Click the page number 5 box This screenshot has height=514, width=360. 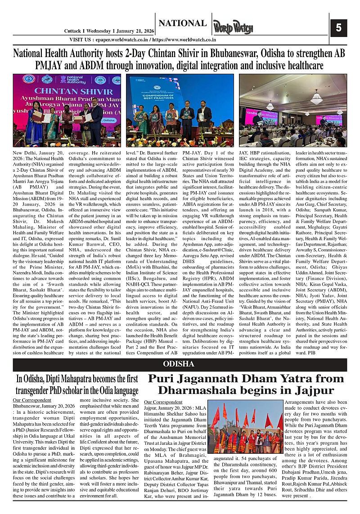click(x=338, y=28)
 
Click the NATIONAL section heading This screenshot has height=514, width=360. click(x=182, y=23)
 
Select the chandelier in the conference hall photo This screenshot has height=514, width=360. click(x=316, y=97)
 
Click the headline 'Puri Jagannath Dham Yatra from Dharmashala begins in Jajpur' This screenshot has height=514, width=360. click(x=246, y=384)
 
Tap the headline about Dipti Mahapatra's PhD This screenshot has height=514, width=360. click(x=77, y=384)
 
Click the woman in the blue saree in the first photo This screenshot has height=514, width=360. click(x=34, y=124)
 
